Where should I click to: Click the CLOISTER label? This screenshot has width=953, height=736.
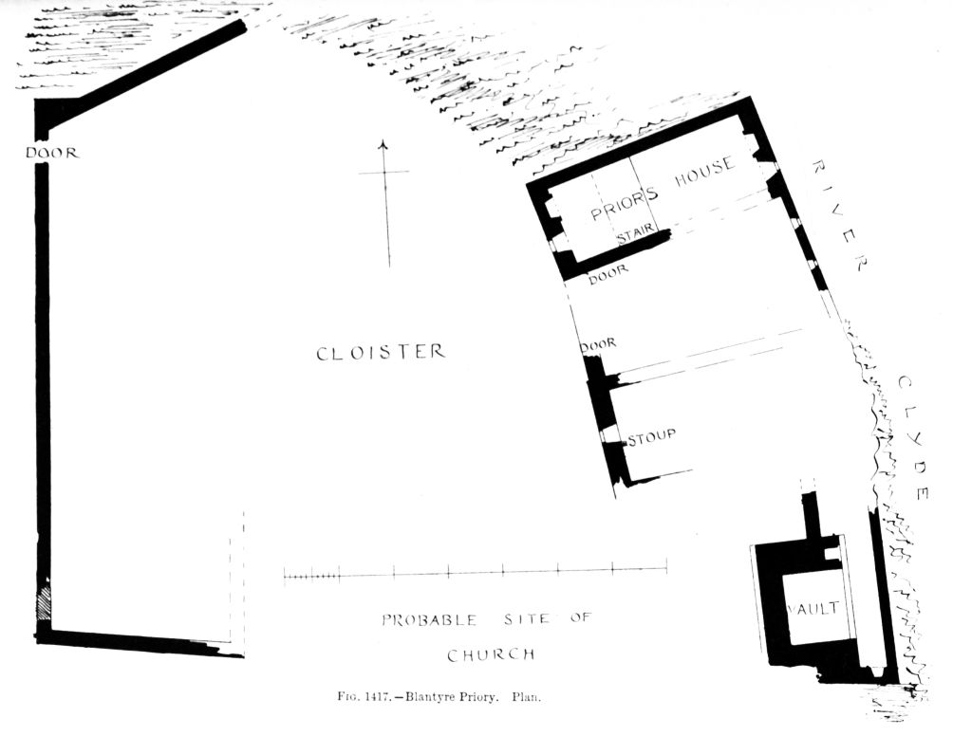tap(380, 353)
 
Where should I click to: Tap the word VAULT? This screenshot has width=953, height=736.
tap(813, 609)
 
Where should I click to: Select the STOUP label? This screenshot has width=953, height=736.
tap(650, 435)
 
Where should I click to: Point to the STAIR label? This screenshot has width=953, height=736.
tap(635, 237)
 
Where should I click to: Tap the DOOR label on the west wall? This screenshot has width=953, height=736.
tap(51, 153)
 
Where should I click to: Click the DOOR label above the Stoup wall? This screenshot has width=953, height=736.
tap(598, 343)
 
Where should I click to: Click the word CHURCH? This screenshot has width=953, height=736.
tap(491, 654)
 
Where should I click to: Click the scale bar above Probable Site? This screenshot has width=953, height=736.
tap(475, 573)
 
